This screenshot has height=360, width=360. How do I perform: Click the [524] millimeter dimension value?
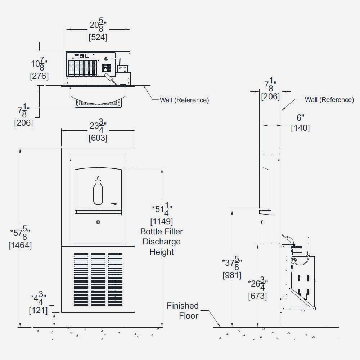(x=98, y=37)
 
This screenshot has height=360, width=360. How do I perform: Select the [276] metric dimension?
(x=40, y=76)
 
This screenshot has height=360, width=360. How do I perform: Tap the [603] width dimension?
(x=98, y=138)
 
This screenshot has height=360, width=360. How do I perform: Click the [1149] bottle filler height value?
(x=162, y=221)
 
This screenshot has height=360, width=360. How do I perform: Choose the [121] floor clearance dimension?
(x=38, y=310)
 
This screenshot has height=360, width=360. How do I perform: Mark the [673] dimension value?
(x=257, y=296)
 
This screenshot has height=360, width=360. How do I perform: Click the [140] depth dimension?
(x=300, y=128)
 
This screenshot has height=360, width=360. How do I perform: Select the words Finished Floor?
(x=183, y=311)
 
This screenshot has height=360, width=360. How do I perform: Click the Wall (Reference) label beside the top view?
(x=184, y=100)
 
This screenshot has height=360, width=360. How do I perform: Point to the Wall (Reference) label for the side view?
(x=329, y=100)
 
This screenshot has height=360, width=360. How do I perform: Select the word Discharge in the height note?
(x=162, y=242)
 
